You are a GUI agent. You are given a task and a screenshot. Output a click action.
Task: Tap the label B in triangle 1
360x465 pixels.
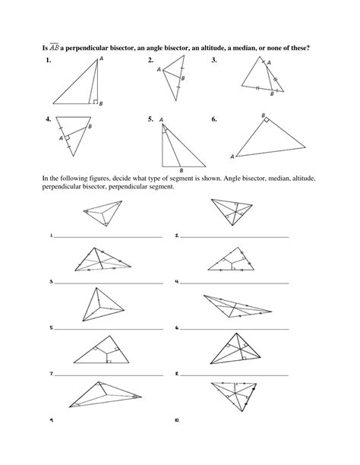click(x=101, y=103)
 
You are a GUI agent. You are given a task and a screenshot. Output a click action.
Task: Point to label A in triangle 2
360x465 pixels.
click(x=159, y=70)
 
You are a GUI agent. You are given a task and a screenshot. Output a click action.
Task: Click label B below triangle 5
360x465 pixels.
click(x=180, y=170)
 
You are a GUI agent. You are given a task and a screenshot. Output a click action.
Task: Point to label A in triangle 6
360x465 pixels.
click(x=232, y=156)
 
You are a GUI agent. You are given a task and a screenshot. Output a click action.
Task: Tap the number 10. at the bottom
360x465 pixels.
click(x=177, y=419)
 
